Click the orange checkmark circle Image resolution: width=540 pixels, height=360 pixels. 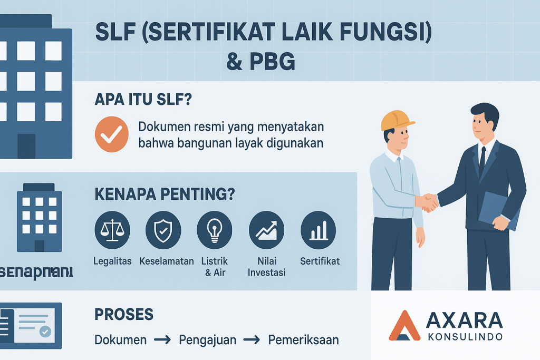pos(111,134)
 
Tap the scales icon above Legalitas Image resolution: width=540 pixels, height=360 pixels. pos(111,230)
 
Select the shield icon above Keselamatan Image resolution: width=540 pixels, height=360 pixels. pos(163,230)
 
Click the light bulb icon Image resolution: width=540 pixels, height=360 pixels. pos(214,230)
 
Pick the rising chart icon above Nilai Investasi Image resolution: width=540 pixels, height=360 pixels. pos(266,230)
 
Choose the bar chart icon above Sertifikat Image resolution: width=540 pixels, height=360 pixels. pos(318,230)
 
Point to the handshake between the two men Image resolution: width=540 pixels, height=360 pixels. pos(427,201)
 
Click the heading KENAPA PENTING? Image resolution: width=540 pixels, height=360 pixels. pos(164,194)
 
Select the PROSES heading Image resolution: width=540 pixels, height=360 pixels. pos(124,315)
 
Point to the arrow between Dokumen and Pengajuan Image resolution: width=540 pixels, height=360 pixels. pos(165,340)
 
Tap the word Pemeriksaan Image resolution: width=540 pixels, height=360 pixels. pos(303,340)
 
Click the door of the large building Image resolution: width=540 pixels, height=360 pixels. pos(26,146)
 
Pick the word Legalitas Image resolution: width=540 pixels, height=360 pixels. pos(112,261)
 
